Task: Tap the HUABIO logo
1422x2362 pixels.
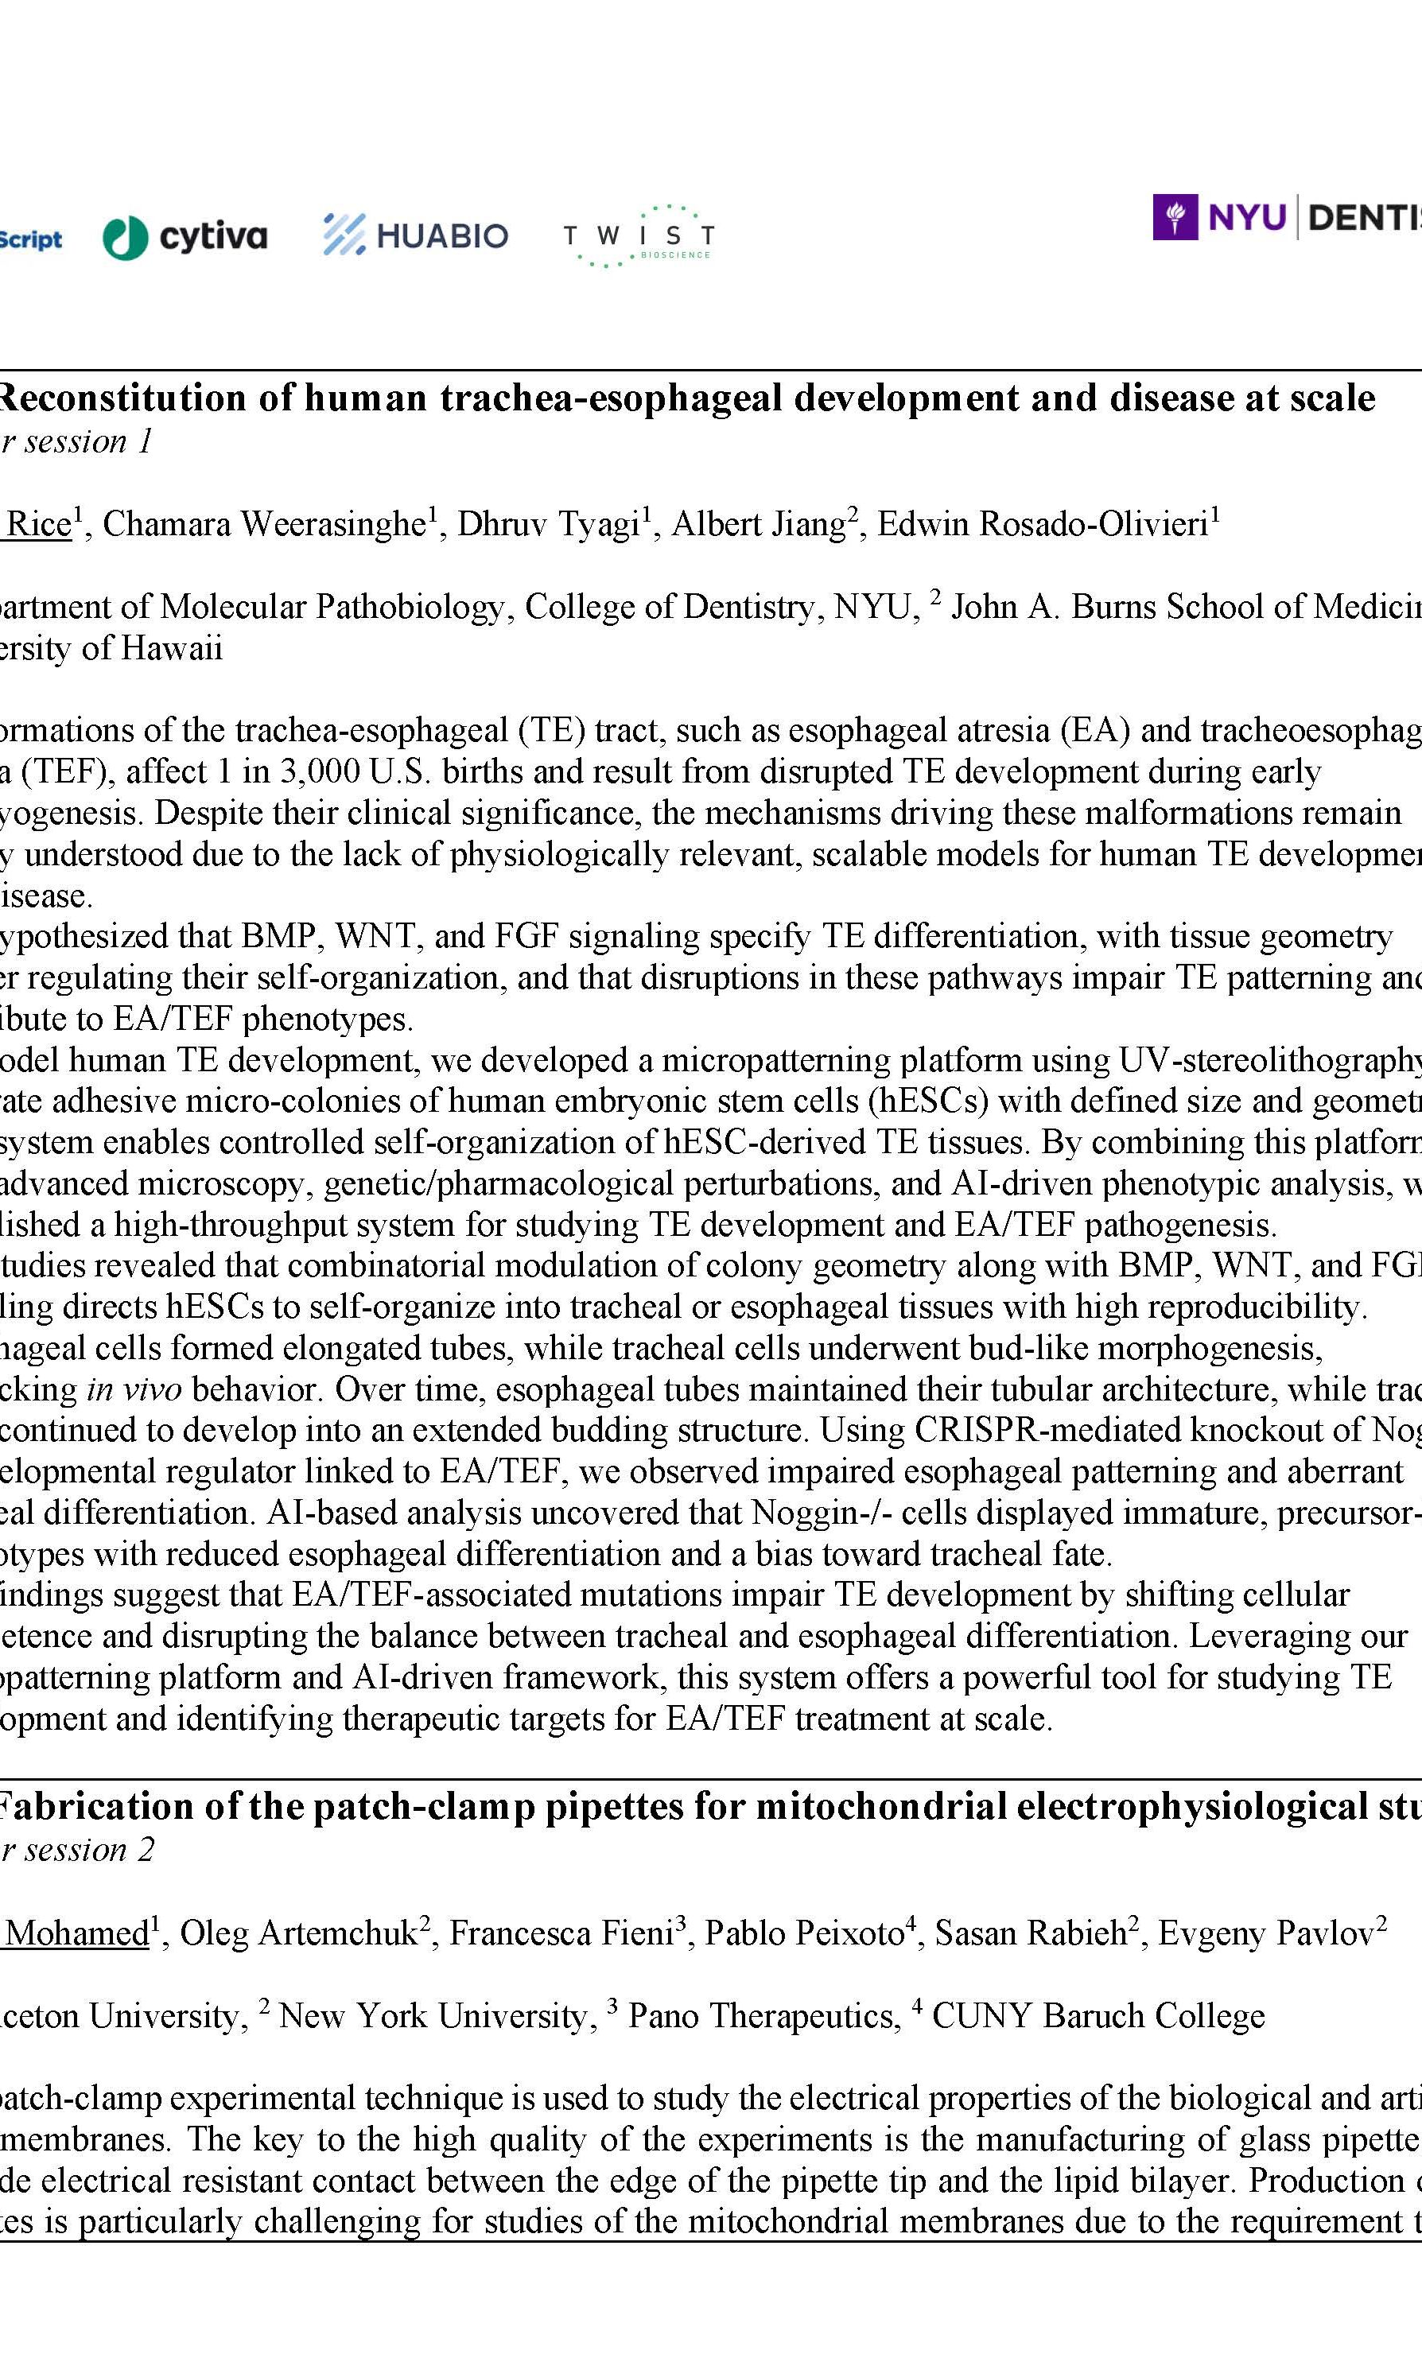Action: click(415, 235)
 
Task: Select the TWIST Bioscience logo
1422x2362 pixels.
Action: click(638, 235)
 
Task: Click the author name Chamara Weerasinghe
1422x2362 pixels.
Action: click(263, 524)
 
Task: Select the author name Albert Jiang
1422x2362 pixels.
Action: click(758, 524)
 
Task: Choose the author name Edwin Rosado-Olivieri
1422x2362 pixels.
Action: click(1043, 524)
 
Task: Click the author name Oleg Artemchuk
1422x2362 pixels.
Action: click(298, 1933)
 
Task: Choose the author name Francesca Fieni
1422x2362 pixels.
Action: click(561, 1933)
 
